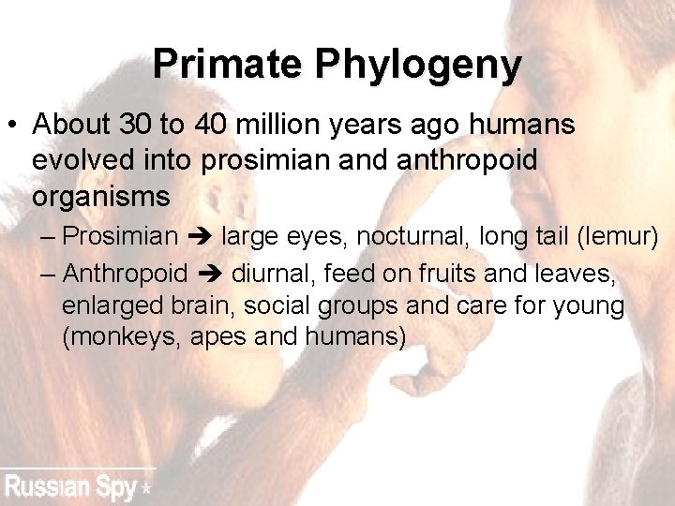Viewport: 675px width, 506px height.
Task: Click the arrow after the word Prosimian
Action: (x=199, y=236)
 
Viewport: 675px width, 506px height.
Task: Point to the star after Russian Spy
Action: (x=145, y=488)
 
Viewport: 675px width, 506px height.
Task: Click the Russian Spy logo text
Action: (x=70, y=487)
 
